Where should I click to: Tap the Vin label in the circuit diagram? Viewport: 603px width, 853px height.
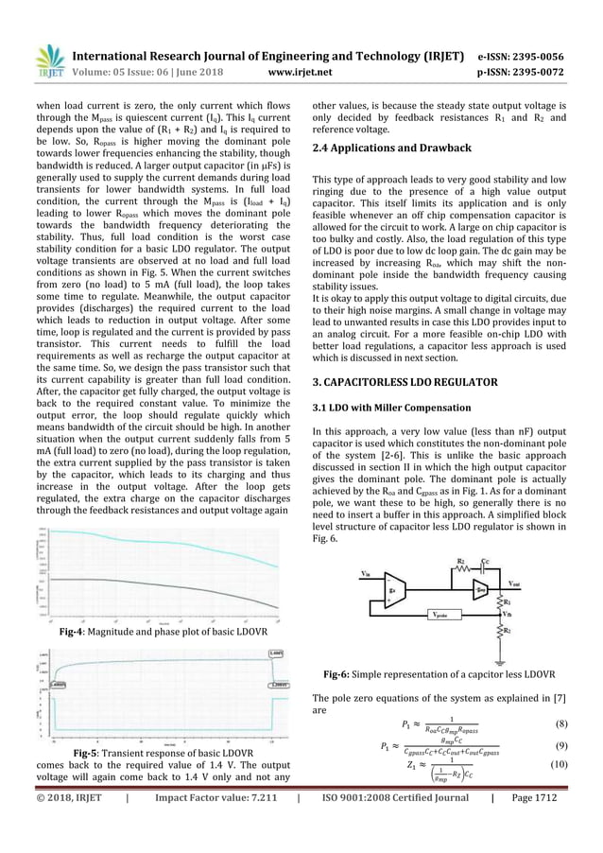(x=366, y=574)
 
